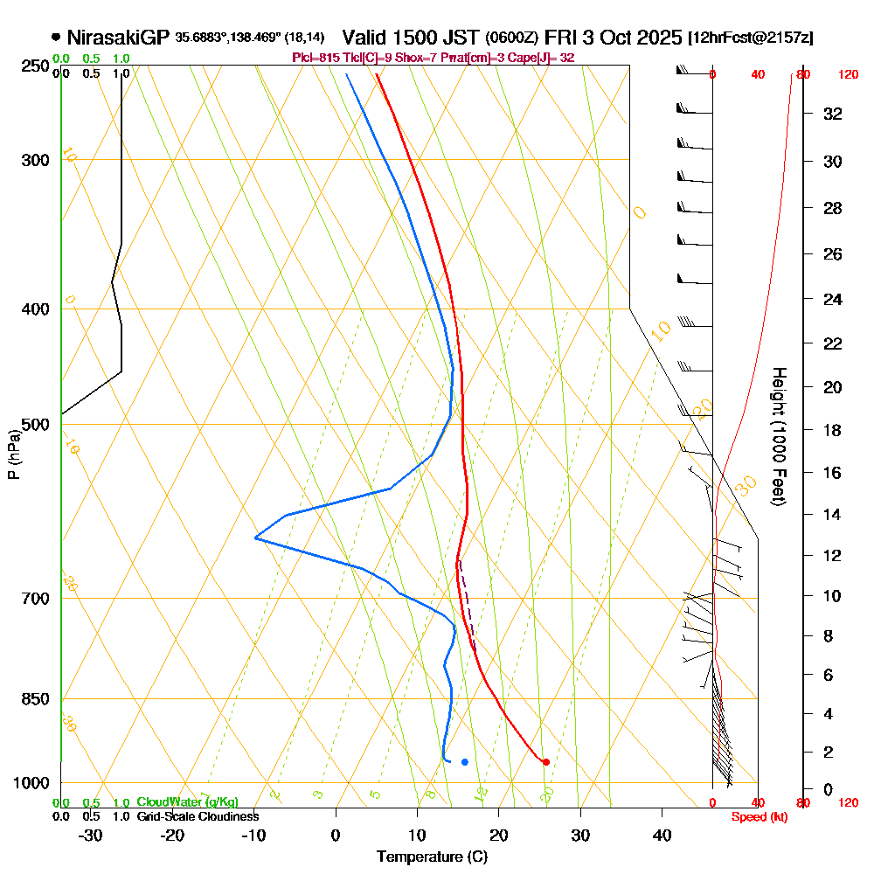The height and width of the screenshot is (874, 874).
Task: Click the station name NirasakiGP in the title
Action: [118, 38]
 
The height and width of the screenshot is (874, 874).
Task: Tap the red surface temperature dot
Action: [546, 762]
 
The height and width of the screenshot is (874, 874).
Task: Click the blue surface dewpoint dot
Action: [465, 762]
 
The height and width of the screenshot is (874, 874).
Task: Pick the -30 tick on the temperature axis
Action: [91, 836]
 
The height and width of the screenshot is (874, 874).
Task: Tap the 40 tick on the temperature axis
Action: [662, 836]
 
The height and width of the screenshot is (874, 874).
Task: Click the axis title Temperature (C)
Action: [432, 857]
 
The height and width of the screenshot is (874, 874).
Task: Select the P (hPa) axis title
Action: [13, 454]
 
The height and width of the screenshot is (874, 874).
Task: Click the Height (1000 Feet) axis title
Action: [777, 437]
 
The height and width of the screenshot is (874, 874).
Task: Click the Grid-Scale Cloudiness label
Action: [198, 816]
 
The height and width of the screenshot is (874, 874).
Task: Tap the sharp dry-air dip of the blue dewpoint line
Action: [256, 538]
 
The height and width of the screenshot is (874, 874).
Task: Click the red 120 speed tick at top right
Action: [848, 75]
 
